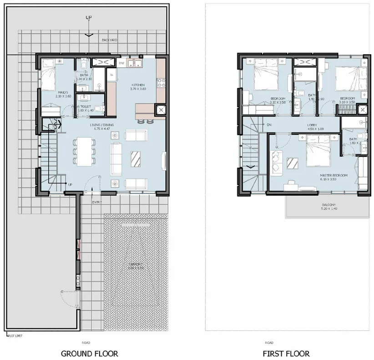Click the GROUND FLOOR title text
89,353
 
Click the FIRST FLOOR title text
286,353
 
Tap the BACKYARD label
109,40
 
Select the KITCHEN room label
138,85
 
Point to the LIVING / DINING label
101,125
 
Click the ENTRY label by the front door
96,202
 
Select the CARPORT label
135,264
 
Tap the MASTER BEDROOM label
334,175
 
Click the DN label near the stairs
269,124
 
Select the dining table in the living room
84,152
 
